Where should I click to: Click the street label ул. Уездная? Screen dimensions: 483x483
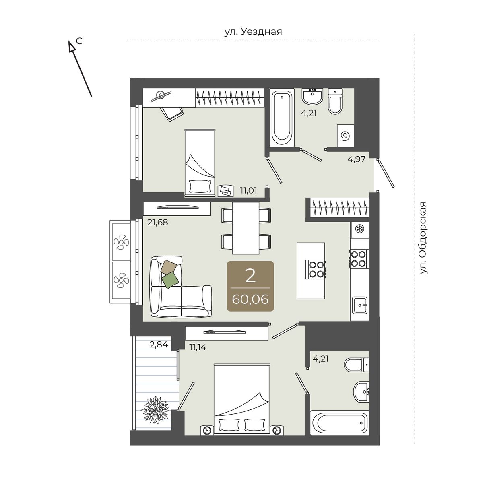point(253,32)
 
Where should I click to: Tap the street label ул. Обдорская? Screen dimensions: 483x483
point(423,238)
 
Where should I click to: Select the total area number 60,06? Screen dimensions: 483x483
point(250,299)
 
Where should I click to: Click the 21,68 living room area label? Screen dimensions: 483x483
point(158,222)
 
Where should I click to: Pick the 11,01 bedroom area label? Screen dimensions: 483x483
point(249,190)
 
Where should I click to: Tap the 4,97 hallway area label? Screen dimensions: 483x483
point(357,159)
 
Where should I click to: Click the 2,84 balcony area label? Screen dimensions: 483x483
point(159,345)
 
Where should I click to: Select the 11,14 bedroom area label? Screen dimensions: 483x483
point(198,347)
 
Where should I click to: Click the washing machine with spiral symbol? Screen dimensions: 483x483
point(346,136)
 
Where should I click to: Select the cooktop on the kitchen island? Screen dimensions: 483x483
point(315,269)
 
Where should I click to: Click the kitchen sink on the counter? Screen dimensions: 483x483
point(360,305)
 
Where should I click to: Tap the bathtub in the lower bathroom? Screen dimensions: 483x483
point(340,423)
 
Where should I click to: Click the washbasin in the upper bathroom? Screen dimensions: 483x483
point(312,97)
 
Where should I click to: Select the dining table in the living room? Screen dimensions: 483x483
point(246,228)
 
